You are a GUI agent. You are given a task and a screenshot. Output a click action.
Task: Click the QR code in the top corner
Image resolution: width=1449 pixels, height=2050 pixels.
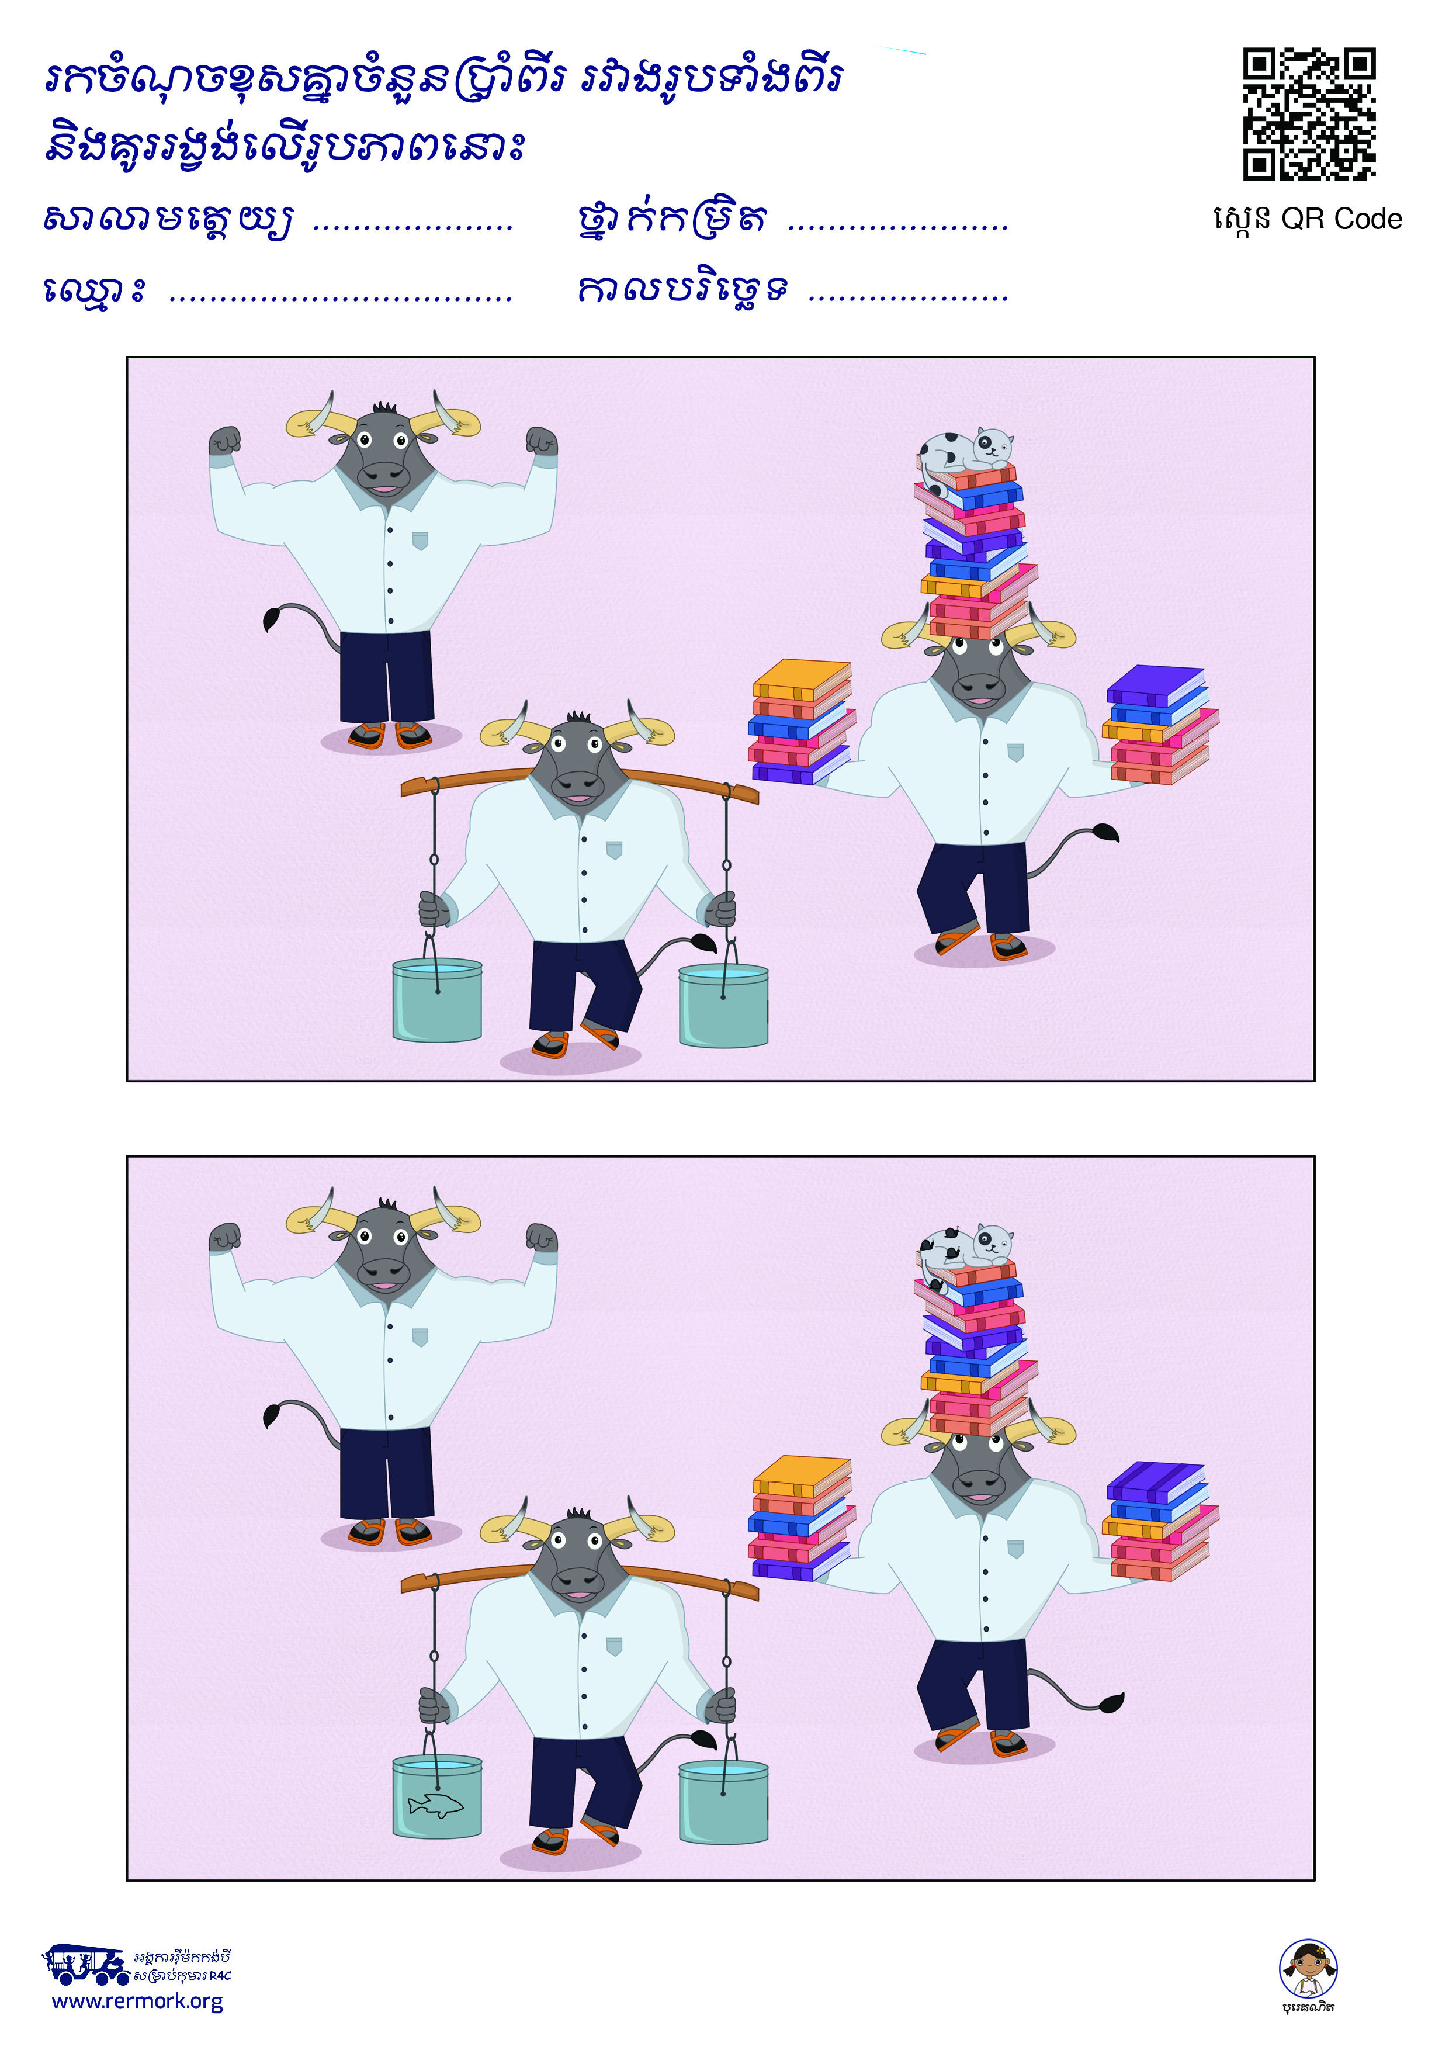tap(1309, 115)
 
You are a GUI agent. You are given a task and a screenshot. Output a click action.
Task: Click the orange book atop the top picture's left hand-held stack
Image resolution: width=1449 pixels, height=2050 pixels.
tap(802, 678)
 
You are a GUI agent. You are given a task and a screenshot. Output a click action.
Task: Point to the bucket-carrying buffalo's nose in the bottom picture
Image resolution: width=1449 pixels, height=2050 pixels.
tap(578, 1580)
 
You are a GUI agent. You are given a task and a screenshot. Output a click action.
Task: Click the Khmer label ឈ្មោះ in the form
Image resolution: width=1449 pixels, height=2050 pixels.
tap(93, 290)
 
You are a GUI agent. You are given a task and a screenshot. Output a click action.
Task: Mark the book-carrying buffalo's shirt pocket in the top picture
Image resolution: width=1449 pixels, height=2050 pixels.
tap(1015, 752)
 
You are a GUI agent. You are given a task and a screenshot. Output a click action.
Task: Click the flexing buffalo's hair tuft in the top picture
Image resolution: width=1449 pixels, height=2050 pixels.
tap(385, 408)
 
